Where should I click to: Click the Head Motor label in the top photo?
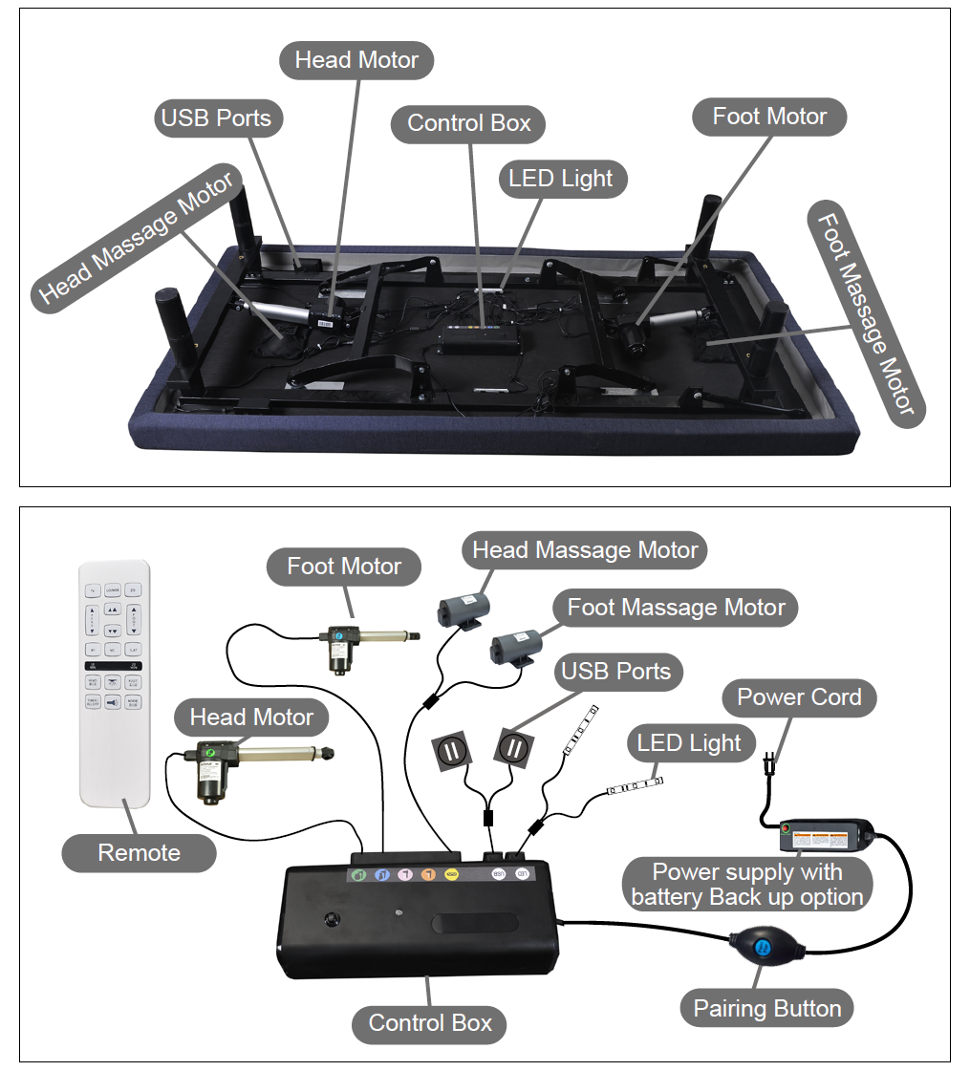pos(356,60)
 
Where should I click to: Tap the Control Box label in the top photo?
pos(468,123)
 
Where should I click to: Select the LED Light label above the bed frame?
pos(561,179)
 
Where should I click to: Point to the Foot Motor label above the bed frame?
pos(769,117)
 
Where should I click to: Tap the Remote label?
pos(139,852)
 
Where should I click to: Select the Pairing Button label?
pos(766,1008)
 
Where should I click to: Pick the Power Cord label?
pos(799,697)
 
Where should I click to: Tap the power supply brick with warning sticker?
pos(827,837)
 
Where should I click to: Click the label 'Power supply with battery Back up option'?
pos(747,884)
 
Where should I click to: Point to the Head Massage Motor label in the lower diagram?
pos(585,550)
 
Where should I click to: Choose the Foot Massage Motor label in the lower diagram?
pos(676,608)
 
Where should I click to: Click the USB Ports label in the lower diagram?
pos(615,672)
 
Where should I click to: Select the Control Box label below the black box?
pos(430,1023)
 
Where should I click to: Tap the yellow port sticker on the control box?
pos(452,873)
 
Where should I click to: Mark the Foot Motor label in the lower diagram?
pos(344,567)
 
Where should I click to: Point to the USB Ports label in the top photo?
pos(216,118)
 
